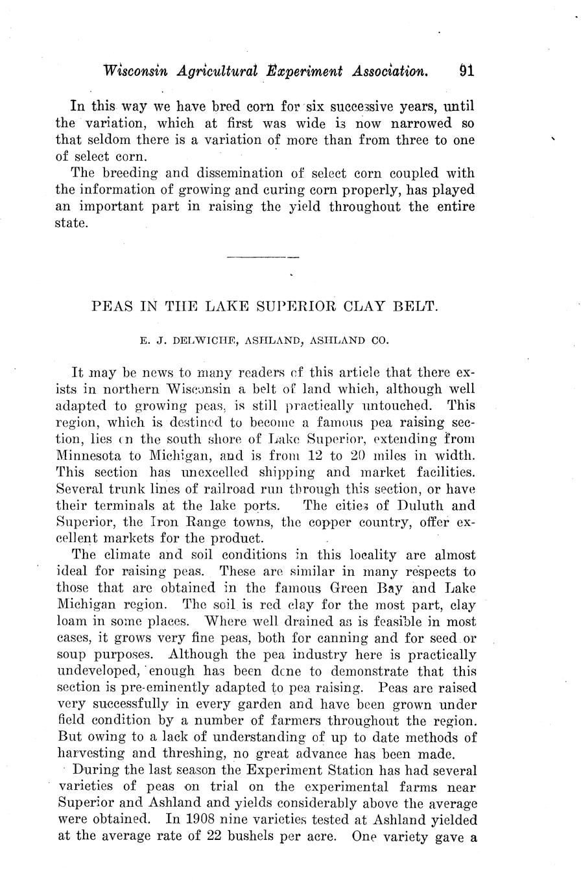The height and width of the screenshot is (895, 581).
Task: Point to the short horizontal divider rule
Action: (x=263, y=257)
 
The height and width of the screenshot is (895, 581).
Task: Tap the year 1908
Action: (x=200, y=819)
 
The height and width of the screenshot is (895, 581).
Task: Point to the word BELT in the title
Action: (x=416, y=305)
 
